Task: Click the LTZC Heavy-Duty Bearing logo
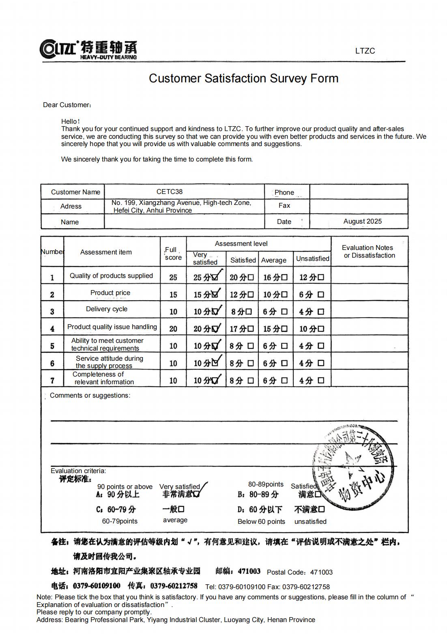88,50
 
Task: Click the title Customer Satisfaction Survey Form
243,78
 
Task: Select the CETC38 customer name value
170,192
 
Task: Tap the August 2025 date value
362,221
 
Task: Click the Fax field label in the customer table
284,205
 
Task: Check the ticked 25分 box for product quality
215,278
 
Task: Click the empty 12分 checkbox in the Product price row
251,295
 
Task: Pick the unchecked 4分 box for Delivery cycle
321,312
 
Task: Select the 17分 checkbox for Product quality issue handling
251,329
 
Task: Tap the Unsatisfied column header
312,258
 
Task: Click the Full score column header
173,254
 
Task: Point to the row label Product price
110,293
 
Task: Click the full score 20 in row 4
173,329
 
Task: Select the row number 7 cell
52,380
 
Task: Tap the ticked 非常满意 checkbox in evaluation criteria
196,494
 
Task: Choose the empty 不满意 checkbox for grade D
321,509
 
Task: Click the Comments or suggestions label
90,395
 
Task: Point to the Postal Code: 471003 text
299,572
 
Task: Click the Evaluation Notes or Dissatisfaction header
369,252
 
